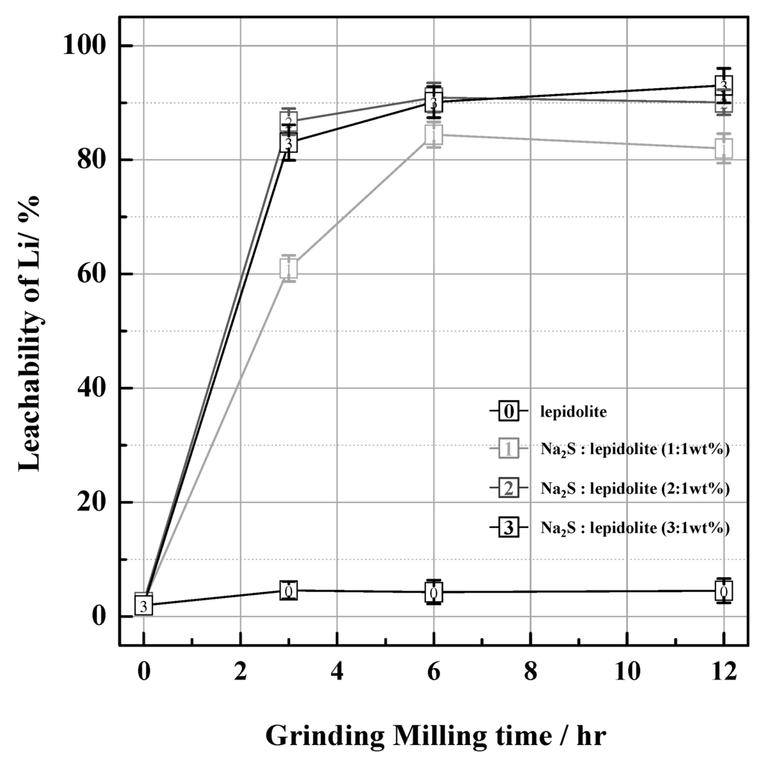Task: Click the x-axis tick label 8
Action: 530,670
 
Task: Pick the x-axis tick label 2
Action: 240,670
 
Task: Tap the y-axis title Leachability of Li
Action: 30,331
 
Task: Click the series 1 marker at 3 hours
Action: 289,268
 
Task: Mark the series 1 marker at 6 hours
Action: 433,135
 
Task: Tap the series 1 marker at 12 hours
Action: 723,149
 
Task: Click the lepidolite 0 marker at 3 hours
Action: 289,591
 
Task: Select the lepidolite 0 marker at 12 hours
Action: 723,591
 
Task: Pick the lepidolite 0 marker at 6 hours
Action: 433,592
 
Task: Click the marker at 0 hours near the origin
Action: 144,605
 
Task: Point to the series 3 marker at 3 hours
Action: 289,143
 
